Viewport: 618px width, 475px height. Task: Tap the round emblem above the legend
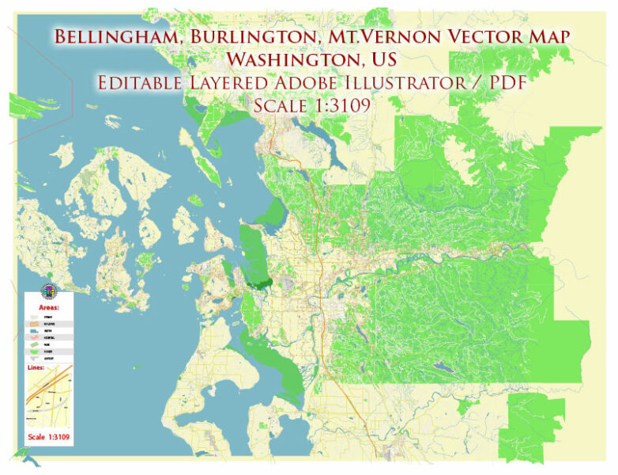click(x=49, y=290)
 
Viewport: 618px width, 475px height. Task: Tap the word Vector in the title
click(x=465, y=36)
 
